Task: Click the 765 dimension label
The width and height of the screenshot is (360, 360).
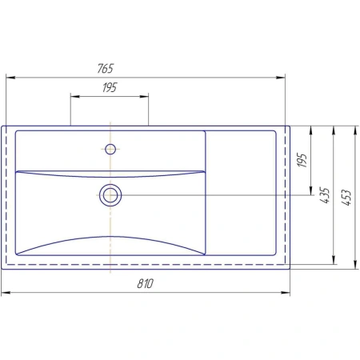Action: (x=106, y=69)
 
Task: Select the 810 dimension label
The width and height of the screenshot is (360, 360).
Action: (x=146, y=283)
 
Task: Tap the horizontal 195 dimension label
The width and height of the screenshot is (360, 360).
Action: (x=110, y=88)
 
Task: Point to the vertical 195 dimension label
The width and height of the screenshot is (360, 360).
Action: (x=302, y=160)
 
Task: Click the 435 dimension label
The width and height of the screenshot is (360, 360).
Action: (x=325, y=195)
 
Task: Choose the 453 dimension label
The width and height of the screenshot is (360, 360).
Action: (x=346, y=198)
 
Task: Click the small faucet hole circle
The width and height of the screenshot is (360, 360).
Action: (x=110, y=149)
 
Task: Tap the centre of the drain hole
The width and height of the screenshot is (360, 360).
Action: (x=110, y=195)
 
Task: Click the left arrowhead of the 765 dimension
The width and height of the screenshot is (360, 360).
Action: (x=10, y=78)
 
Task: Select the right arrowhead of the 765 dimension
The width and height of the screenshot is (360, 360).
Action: (x=281, y=78)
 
